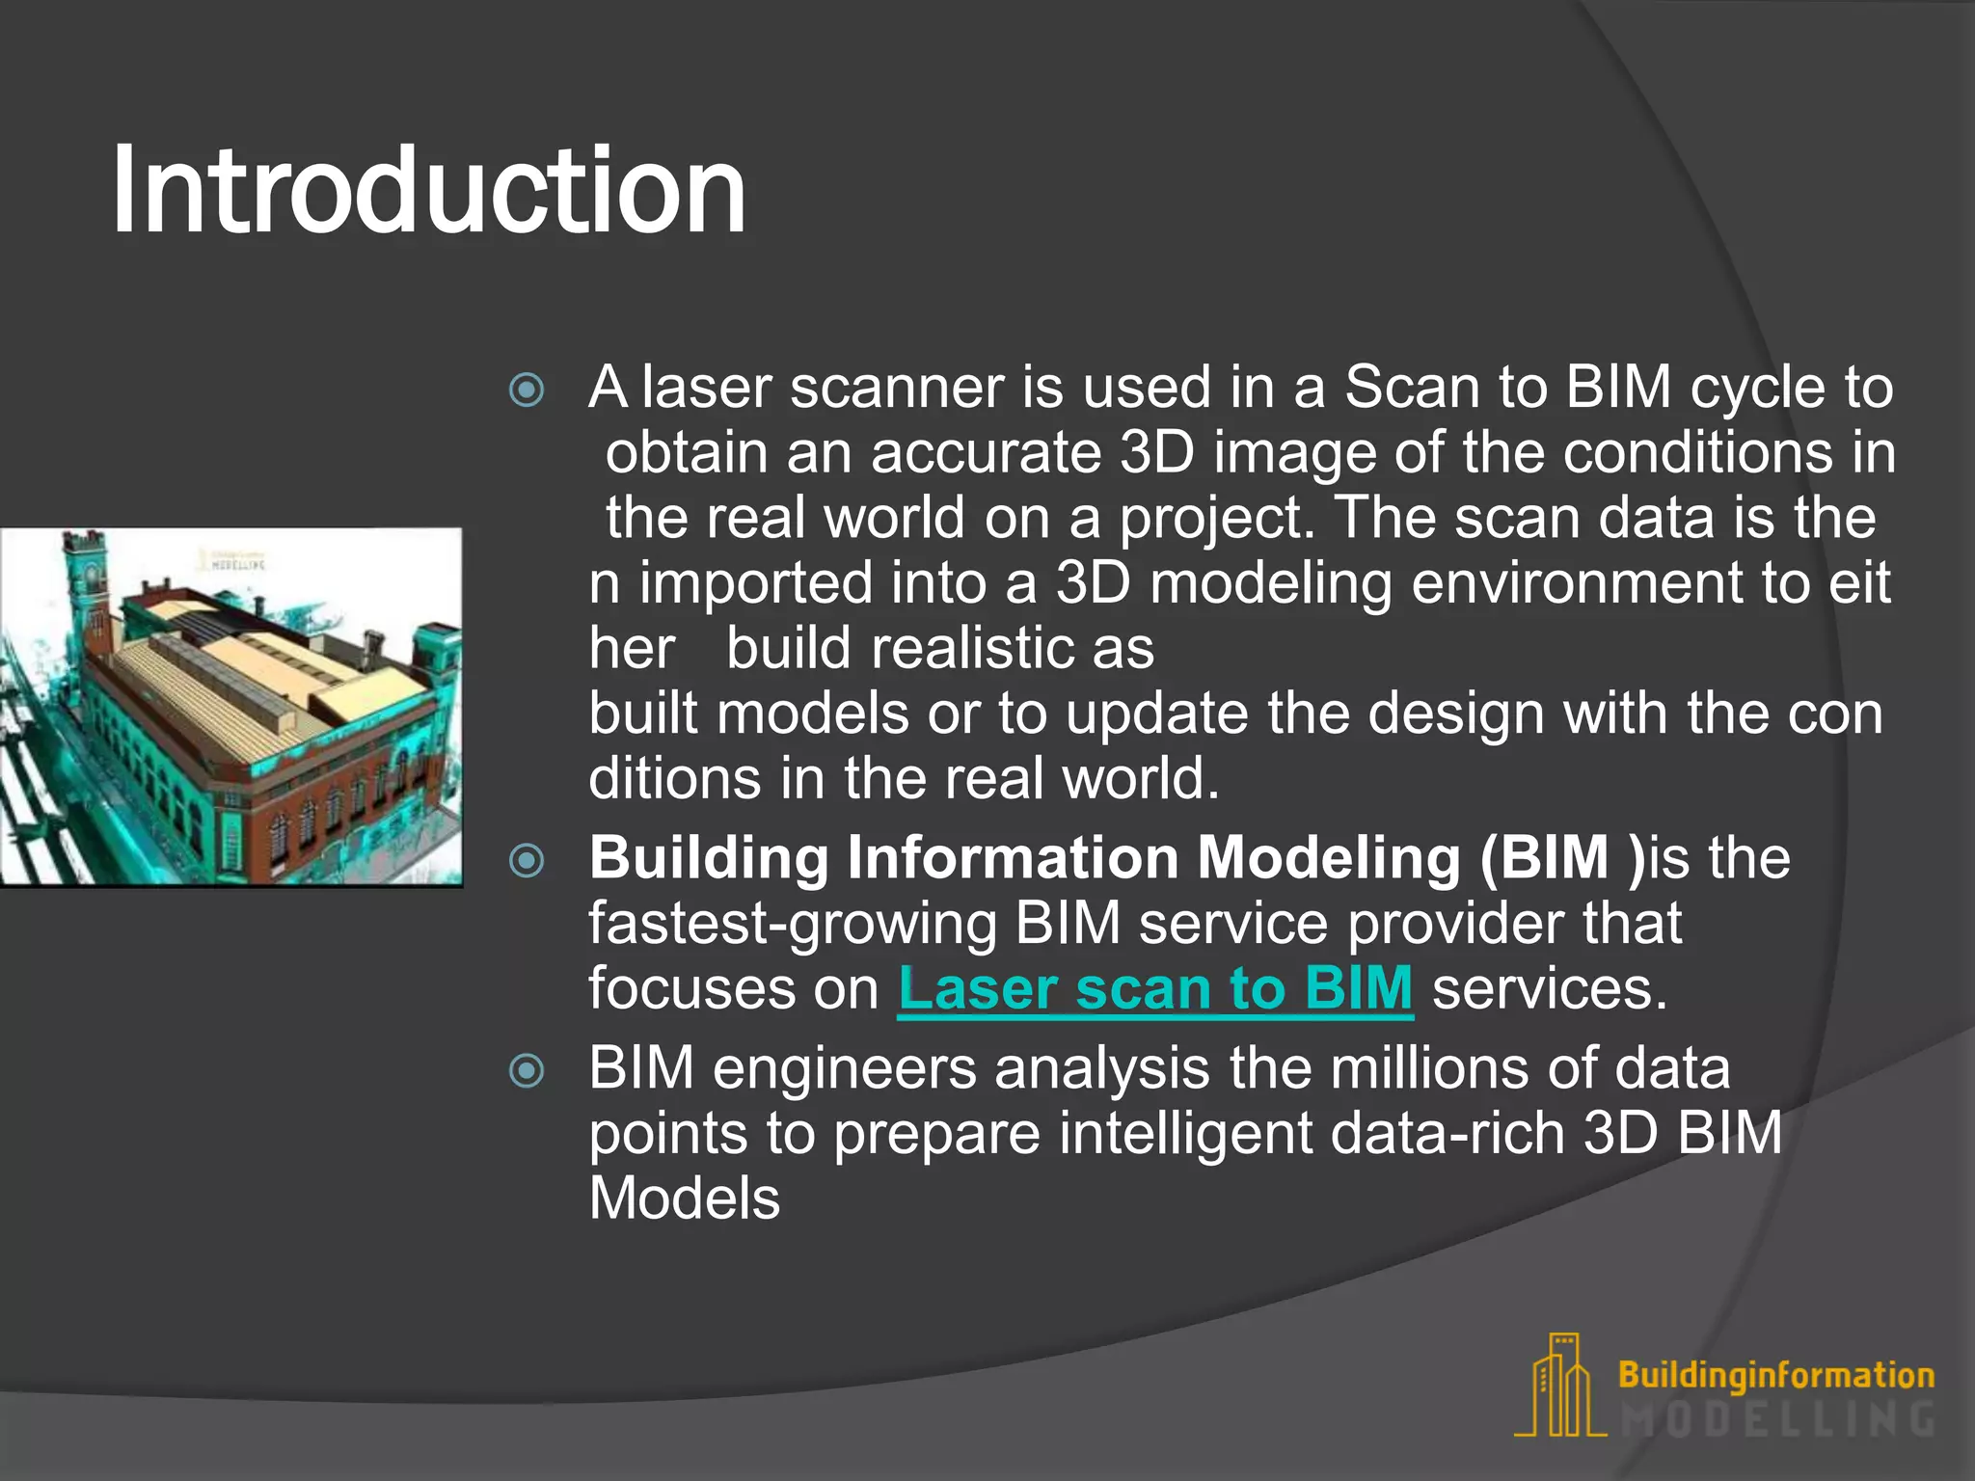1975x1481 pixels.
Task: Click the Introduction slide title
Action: click(x=428, y=190)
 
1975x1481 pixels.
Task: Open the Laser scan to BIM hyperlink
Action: click(x=1154, y=989)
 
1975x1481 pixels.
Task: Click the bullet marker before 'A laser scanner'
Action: click(x=527, y=390)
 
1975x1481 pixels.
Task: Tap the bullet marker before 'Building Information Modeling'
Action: click(x=527, y=860)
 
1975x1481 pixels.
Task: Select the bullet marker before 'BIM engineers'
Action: click(x=527, y=1070)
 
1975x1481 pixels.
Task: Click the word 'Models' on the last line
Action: click(x=684, y=1198)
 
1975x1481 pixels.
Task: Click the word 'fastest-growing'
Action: click(x=792, y=924)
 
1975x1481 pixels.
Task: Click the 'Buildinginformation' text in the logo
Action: click(x=1775, y=1375)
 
